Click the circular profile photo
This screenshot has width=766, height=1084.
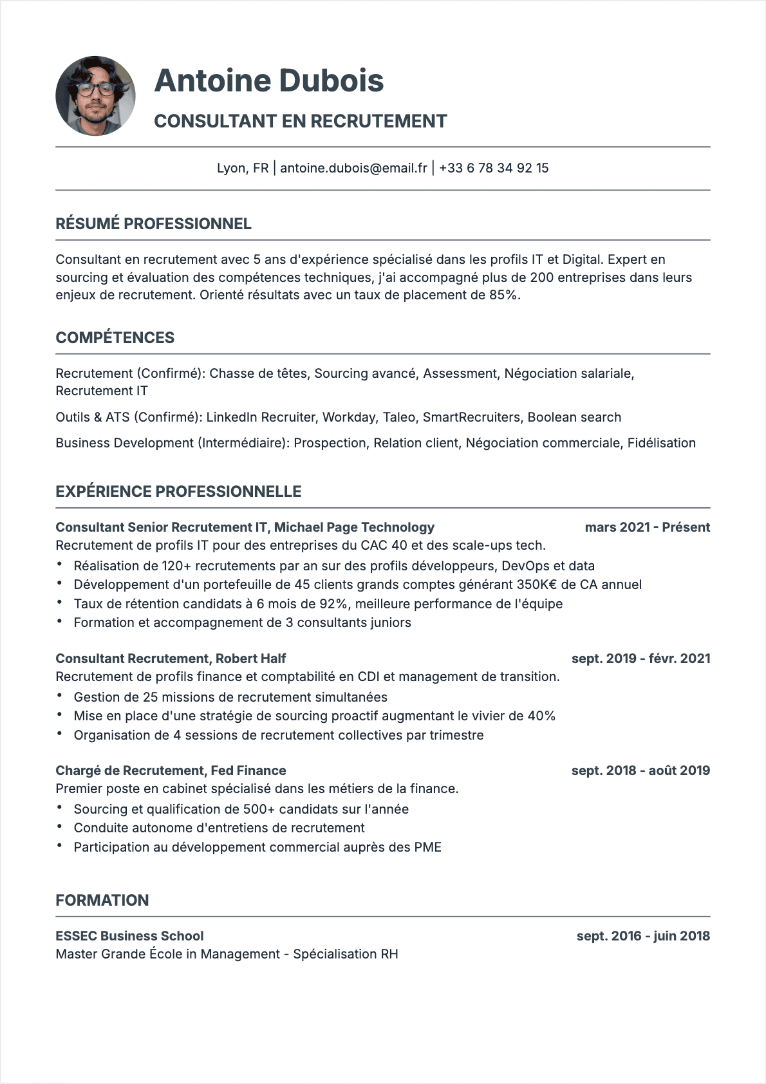pos(95,96)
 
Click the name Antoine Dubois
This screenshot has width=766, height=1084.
pos(269,80)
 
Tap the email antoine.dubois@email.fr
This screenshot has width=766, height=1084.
pos(353,168)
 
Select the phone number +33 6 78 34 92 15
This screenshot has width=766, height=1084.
pos(494,168)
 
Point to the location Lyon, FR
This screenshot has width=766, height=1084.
pos(242,168)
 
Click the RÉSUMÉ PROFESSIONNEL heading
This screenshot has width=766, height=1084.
pos(153,224)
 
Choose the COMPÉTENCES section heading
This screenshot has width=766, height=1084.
pos(115,338)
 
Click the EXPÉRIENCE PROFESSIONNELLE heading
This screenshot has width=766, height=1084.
pos(178,492)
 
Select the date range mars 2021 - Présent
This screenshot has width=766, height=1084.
pos(647,527)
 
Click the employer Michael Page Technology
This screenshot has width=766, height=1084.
pos(354,527)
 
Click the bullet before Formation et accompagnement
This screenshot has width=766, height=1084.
pos(60,622)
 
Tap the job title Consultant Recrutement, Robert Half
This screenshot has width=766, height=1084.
pos(171,659)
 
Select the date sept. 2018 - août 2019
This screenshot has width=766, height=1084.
pos(640,771)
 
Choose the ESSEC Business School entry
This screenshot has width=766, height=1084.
pos(129,936)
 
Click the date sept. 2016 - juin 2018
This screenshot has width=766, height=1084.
pos(643,936)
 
